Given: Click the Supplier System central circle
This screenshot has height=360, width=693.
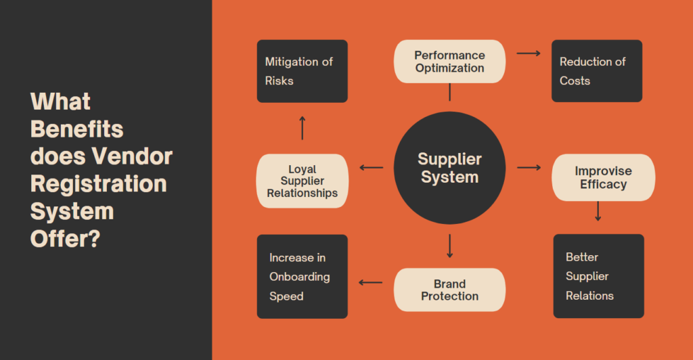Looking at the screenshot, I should pos(449,168).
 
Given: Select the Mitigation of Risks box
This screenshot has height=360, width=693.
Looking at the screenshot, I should pos(302,71).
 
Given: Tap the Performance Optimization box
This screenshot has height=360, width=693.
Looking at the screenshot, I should pos(449,62).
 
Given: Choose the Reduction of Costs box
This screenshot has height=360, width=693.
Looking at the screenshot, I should pos(596,71).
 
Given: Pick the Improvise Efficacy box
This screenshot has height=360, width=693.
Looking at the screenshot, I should pos(603,177).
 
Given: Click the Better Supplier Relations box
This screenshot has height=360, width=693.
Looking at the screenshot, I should pos(598,276).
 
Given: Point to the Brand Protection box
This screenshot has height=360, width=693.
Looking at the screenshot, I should pos(449,290).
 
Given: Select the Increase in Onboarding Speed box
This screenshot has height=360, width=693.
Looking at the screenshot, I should pos(302,276).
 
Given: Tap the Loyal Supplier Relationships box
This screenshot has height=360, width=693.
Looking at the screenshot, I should pos(302,181).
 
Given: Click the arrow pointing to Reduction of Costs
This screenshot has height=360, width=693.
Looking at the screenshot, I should pos(529,52).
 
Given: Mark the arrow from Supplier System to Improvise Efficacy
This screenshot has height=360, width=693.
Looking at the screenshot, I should pos(529,167).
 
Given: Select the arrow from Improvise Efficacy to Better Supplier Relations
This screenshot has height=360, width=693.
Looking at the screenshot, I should pos(598,211).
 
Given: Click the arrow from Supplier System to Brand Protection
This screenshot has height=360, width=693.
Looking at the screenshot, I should pos(449,246).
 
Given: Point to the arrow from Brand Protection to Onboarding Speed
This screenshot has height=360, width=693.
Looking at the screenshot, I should pos(370,282).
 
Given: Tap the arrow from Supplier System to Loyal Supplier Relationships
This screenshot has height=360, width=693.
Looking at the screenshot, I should pos(371,167).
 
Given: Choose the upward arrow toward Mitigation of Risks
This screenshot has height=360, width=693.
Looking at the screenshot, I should pos(302,128).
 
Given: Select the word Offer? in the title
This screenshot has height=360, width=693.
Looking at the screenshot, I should pos(66,238).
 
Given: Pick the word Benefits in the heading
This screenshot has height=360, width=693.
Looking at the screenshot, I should pos(77,129).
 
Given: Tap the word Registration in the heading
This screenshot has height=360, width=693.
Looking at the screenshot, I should pos(99,183).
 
